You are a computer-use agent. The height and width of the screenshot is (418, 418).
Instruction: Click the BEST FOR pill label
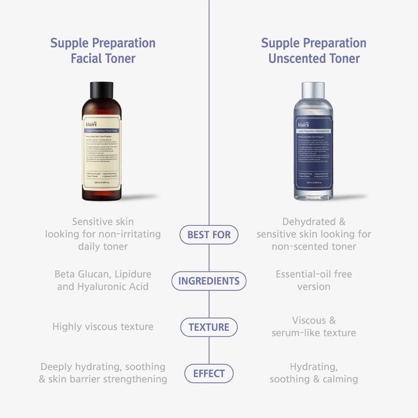pos(209,235)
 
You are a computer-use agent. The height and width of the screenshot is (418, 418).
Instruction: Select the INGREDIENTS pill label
pos(209,281)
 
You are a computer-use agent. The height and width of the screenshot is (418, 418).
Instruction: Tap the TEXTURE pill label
pos(209,328)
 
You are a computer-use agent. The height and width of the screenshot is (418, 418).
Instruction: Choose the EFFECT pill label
pos(209,374)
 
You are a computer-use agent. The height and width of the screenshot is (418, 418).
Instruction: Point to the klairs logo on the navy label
pos(301,125)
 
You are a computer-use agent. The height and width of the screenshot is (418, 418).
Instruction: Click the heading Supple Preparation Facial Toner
pos(103,50)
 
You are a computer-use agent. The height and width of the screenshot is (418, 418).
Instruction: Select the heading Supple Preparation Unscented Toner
pos(313,50)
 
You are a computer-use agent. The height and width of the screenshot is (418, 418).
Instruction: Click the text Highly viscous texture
pos(103,327)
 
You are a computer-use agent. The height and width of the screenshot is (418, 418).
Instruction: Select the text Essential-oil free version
pos(313,280)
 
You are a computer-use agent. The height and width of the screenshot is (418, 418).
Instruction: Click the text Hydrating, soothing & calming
pos(313,373)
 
